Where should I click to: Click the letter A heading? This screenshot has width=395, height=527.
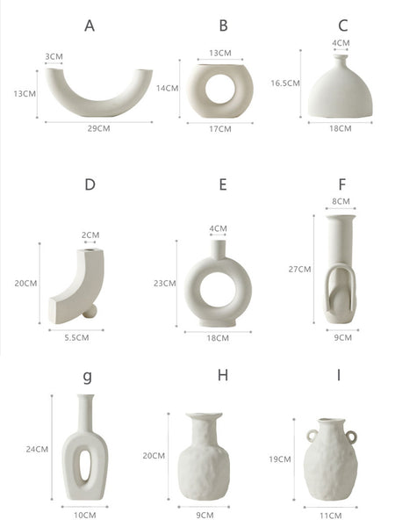(x=90, y=25)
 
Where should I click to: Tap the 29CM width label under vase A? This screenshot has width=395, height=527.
(x=98, y=128)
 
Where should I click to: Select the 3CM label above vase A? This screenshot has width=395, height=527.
(x=54, y=56)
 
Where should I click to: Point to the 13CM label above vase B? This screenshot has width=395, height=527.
(x=220, y=53)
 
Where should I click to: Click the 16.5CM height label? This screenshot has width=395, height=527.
(x=285, y=83)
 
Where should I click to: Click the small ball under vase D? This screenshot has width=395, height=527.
(x=90, y=311)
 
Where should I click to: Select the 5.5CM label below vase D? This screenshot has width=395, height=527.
(x=76, y=337)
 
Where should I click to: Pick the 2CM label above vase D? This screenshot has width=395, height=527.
(x=90, y=235)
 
